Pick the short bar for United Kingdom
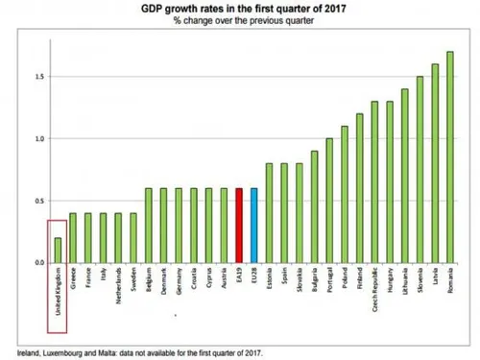pyautogui.click(x=57, y=250)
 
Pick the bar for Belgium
pyautogui.click(x=149, y=225)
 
